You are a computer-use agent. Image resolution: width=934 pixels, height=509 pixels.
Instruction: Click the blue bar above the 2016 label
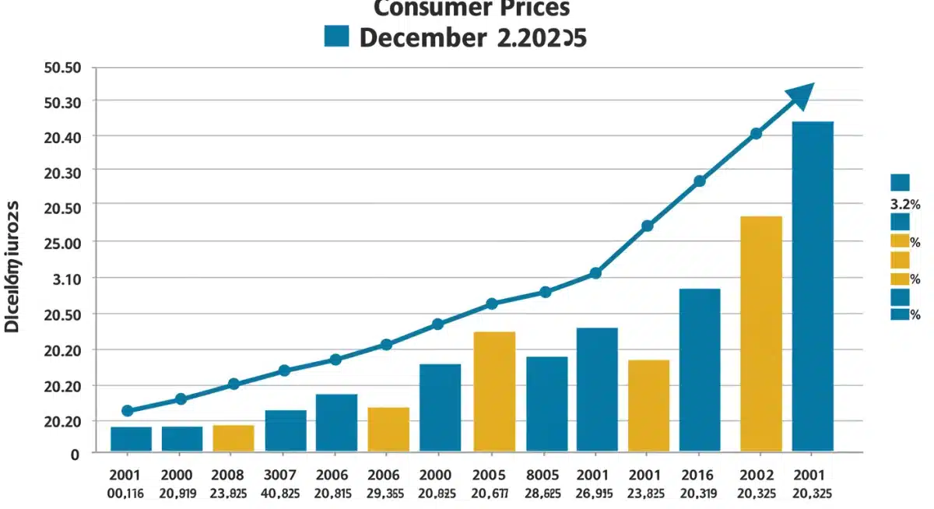[x=700, y=370]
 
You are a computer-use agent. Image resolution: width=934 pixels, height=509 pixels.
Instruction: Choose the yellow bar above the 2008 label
[x=233, y=438]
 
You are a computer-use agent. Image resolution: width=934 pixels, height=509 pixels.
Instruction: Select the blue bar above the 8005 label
[x=546, y=404]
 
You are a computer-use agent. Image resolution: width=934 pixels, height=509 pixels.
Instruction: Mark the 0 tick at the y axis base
[x=75, y=455]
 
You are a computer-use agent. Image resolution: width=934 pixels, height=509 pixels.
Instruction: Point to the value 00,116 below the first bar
[x=127, y=492]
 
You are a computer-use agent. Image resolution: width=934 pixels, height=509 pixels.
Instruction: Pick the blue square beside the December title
[x=337, y=35]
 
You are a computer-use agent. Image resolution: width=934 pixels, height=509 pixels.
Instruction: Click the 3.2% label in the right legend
[x=904, y=205]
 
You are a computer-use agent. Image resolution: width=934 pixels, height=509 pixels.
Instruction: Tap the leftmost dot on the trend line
[x=128, y=411]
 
